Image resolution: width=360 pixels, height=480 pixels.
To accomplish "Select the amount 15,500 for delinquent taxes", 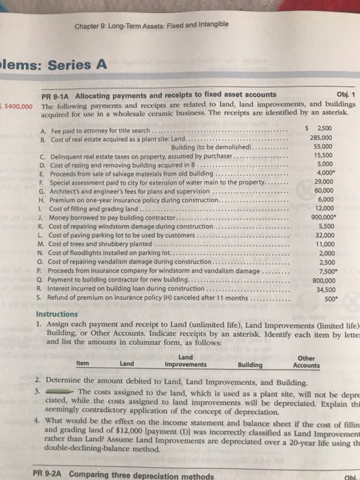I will click(320, 156).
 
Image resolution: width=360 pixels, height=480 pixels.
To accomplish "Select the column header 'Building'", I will click(252, 363).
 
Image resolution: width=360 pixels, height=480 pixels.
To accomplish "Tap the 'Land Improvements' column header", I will click(185, 360).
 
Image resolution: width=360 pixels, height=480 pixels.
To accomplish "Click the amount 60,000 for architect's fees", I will click(320, 191).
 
